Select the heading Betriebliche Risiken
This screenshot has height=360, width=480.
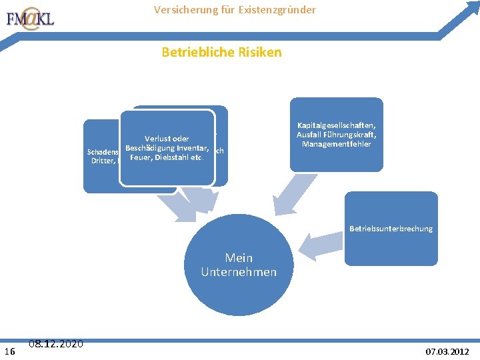point(221,52)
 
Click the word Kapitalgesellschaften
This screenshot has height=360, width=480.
point(337,127)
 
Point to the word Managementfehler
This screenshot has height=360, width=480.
point(336,145)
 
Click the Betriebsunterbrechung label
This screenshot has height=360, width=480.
point(391,229)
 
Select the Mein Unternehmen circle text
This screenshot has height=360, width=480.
point(239,265)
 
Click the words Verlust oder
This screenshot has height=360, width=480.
point(167,139)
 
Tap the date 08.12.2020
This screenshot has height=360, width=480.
point(56,343)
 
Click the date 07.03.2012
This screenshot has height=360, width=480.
point(447,351)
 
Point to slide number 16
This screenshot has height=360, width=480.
point(10,351)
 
